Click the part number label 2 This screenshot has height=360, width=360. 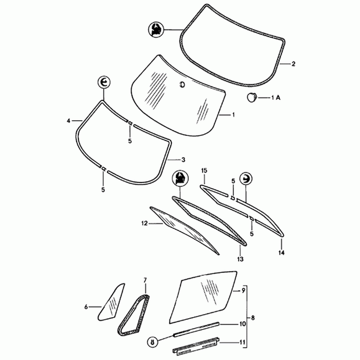[293, 64]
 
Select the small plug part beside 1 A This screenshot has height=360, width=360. [254, 97]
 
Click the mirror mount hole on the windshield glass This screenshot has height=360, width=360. [182, 86]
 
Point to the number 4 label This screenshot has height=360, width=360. [69, 121]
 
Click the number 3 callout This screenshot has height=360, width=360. [183, 160]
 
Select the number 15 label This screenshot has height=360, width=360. [204, 170]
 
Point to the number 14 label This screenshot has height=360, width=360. [283, 253]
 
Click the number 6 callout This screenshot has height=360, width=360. [87, 307]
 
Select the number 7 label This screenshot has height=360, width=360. [145, 280]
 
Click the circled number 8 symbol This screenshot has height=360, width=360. [152, 342]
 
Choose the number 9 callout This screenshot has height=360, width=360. [244, 290]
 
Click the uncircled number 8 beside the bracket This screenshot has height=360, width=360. [253, 317]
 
